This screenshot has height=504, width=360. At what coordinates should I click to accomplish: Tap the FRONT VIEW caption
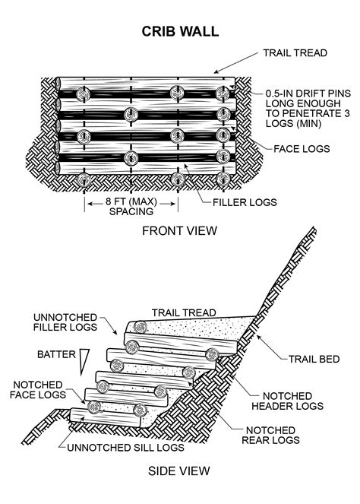pos(180,230)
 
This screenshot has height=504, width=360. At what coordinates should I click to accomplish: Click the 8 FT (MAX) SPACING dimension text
pos(131,207)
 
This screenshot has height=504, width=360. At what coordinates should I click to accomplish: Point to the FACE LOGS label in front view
pos(302,149)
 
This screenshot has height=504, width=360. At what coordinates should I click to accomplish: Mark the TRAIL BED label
pos(308,357)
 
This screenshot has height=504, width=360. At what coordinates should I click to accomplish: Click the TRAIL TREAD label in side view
pos(185,312)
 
